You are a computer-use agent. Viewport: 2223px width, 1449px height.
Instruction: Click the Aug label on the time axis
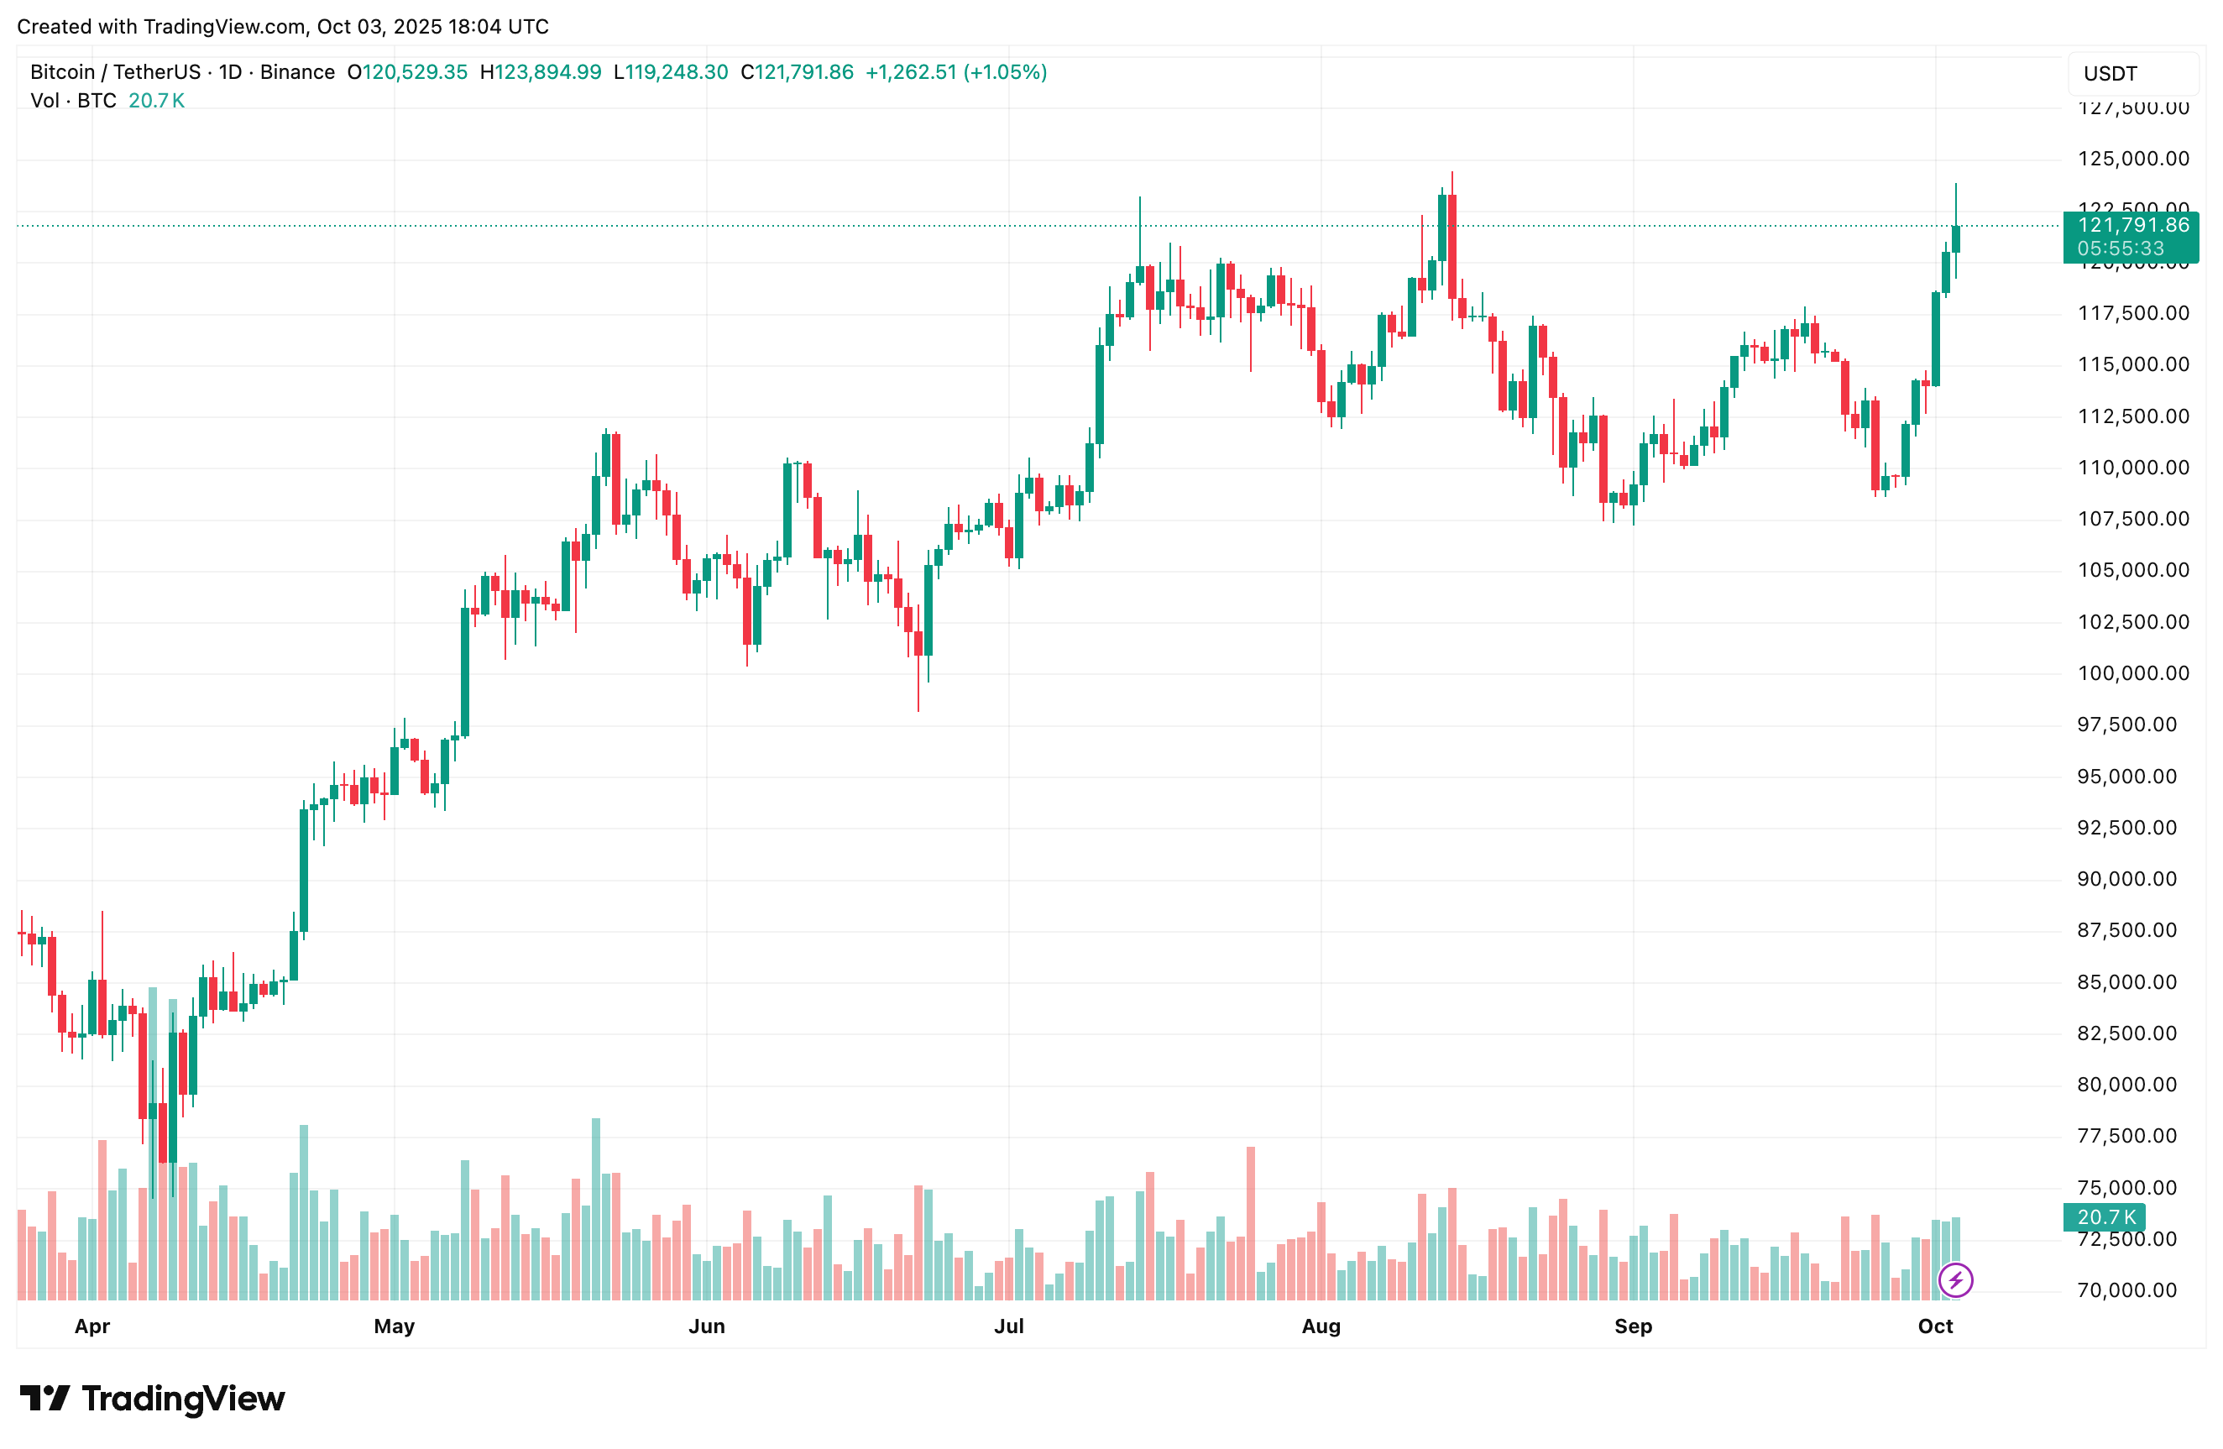coord(1321,1326)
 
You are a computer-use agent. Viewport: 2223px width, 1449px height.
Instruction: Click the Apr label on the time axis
coord(92,1326)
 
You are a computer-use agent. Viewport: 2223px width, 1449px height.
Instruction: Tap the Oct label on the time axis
coord(1934,1326)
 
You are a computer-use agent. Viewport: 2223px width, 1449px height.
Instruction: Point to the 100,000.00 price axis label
coord(2132,672)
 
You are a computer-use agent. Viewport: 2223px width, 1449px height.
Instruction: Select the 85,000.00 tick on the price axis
coord(2132,982)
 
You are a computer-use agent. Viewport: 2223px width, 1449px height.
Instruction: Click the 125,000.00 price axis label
coord(2132,159)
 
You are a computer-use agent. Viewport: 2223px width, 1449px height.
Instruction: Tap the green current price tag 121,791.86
coord(2131,225)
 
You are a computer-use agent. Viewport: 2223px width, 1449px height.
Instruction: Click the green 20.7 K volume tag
coord(2105,1217)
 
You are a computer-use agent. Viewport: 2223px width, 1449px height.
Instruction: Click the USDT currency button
coord(2110,74)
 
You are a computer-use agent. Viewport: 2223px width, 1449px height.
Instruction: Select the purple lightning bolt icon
coord(1955,1280)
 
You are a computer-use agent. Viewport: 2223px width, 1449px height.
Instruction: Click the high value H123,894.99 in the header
coord(540,72)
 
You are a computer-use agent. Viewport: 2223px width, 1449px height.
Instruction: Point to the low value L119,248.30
coord(670,72)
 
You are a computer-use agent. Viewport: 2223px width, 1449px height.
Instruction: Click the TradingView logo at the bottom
coord(152,1399)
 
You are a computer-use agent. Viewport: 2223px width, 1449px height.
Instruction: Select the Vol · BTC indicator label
coord(73,101)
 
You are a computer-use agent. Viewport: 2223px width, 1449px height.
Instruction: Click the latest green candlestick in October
coord(1955,239)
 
